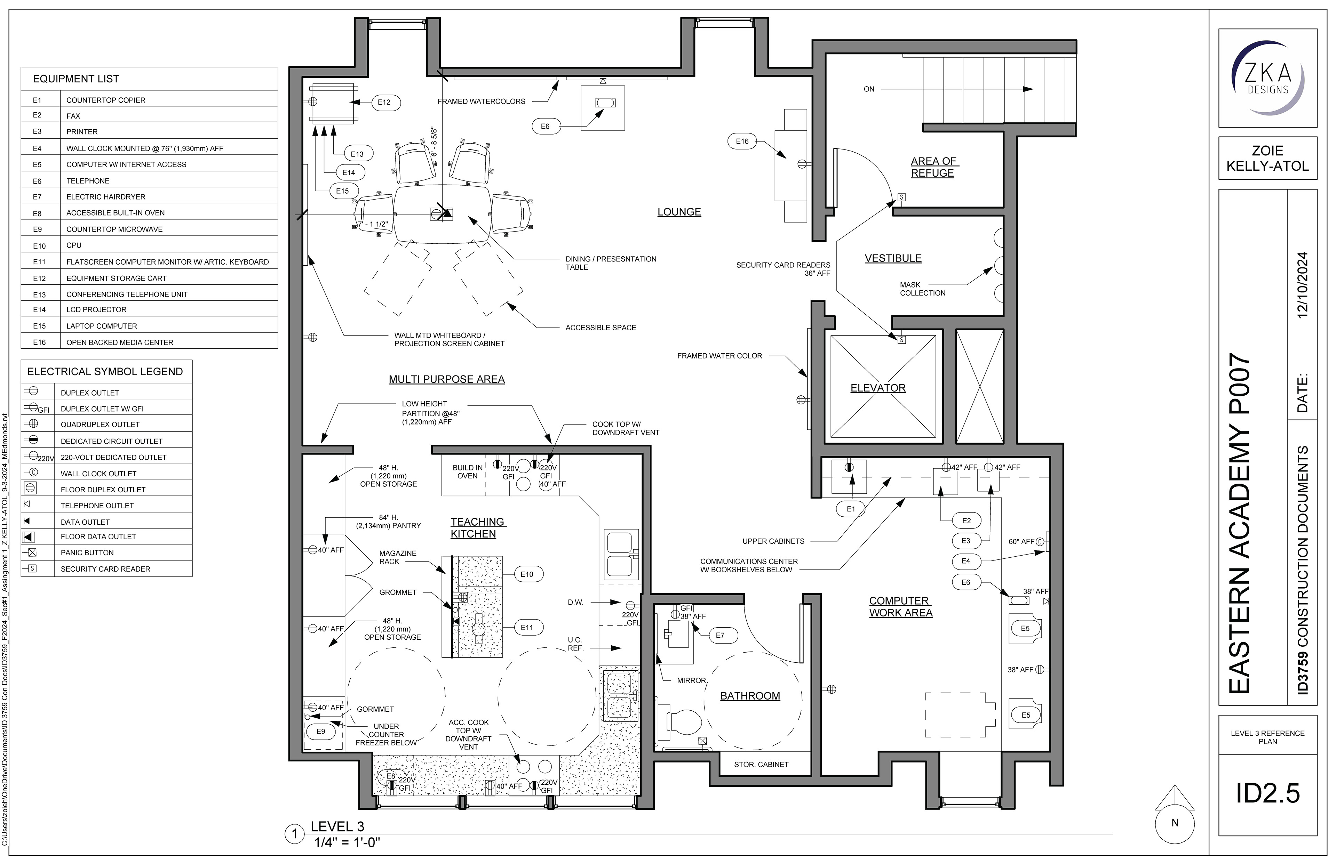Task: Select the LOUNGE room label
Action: (x=679, y=212)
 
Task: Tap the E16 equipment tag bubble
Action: (x=742, y=142)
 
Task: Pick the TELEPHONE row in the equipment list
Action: (x=88, y=181)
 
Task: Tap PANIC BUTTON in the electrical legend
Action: (x=87, y=552)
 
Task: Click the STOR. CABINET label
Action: (x=761, y=764)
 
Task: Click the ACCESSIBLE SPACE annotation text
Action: (x=601, y=328)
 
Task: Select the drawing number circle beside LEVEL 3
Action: (x=294, y=834)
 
